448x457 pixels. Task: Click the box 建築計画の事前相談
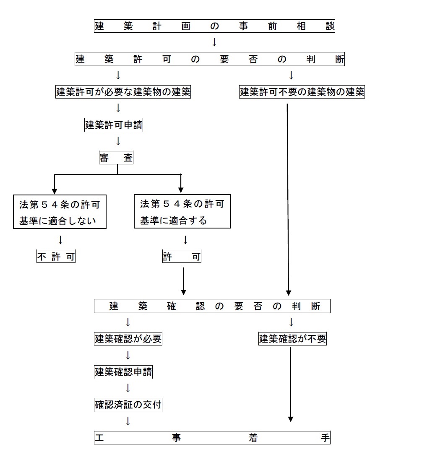[x=214, y=26]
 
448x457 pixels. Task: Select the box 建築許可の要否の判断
[x=210, y=59]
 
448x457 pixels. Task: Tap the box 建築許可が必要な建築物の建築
[x=123, y=92]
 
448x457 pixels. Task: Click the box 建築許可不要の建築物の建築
[x=302, y=92]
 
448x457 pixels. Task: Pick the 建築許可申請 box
[x=114, y=125]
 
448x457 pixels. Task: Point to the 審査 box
[x=116, y=158]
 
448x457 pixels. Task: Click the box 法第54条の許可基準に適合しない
[x=60, y=211]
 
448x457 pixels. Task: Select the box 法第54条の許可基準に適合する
[x=182, y=211]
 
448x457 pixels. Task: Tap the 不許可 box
[x=56, y=257]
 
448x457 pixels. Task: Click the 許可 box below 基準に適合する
[x=182, y=257]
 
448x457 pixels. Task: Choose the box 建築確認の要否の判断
[x=212, y=306]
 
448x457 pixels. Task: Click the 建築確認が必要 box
[x=128, y=339]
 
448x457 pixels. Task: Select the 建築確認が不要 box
[x=292, y=339]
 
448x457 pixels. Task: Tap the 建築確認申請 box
[x=123, y=371]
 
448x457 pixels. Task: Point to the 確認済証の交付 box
[x=128, y=405]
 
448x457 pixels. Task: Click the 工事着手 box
[x=212, y=438]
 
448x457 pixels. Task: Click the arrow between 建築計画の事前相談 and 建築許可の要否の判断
[x=214, y=42]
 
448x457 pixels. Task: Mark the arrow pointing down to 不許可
[x=60, y=240]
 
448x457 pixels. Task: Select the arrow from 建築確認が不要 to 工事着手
[x=290, y=384]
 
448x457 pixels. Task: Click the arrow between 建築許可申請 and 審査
[x=118, y=141]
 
